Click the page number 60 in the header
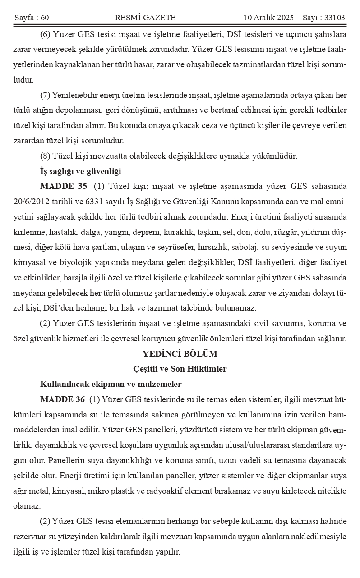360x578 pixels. (44, 18)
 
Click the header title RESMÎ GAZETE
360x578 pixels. (145, 18)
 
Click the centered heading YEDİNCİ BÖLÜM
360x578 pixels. (180, 354)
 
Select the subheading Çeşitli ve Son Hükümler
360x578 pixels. (180, 369)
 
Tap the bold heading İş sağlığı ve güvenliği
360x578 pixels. (80, 171)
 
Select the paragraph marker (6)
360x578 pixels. (45, 35)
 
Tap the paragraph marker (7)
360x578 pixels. (45, 95)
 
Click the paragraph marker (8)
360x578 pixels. (45, 156)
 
